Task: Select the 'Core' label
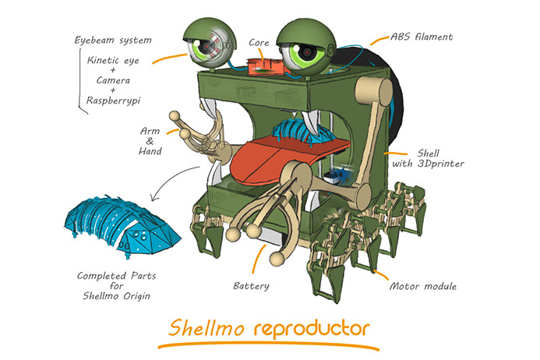259,42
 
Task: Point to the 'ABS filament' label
422,36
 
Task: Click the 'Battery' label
252,286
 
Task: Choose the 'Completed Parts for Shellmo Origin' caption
114,286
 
